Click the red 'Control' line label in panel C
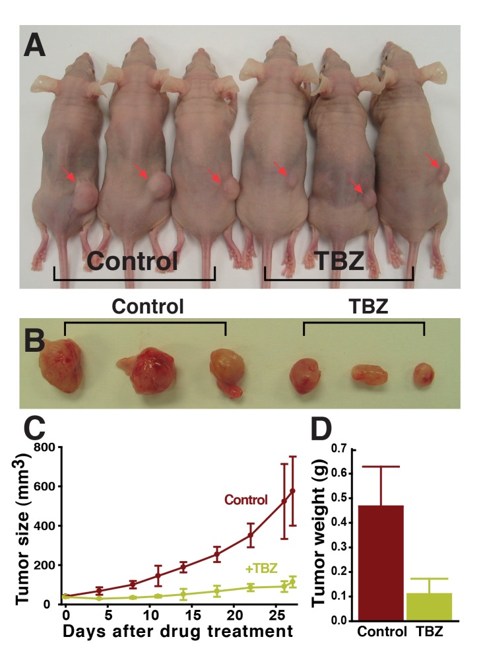click(x=245, y=500)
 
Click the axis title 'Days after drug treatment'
click(x=177, y=631)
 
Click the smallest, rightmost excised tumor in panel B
click(x=423, y=375)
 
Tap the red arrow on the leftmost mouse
click(x=69, y=174)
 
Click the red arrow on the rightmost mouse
click(x=433, y=161)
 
